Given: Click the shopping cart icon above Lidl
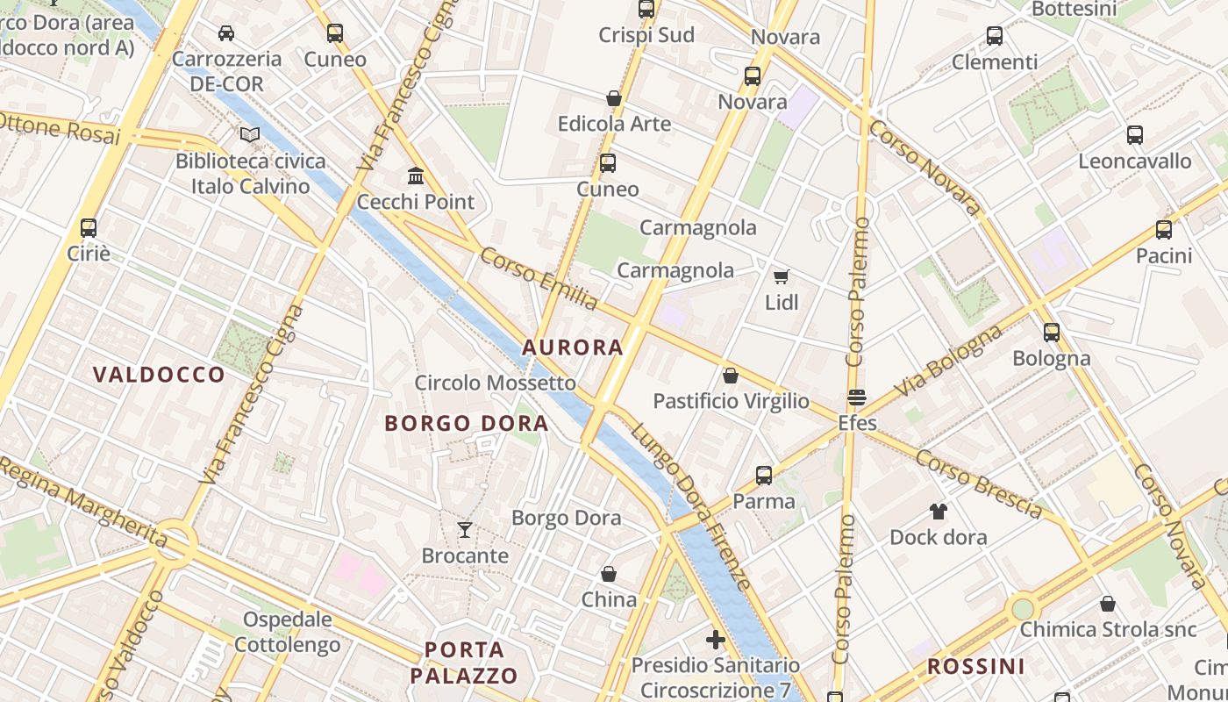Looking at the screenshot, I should click(x=781, y=277).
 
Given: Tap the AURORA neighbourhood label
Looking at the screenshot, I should click(x=573, y=347).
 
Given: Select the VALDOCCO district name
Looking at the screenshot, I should click(x=159, y=375).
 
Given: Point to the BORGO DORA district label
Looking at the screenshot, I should click(x=467, y=424).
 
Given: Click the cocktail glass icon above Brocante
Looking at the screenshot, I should click(x=465, y=530).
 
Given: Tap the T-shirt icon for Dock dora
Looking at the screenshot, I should click(x=939, y=512).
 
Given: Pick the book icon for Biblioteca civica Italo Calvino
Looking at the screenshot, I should click(x=250, y=135).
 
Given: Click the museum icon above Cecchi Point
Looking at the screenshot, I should click(x=416, y=176).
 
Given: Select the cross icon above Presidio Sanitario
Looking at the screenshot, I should click(x=716, y=640).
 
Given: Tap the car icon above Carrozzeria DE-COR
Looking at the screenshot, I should click(x=226, y=33).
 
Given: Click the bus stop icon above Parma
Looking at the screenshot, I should click(x=764, y=476).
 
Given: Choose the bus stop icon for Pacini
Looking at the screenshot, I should click(x=1164, y=230).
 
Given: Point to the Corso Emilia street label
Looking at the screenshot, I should click(x=539, y=279).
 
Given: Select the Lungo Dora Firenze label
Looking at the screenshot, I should click(x=691, y=506).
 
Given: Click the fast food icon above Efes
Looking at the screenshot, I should click(x=857, y=398).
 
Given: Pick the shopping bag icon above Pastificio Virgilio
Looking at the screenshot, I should click(x=731, y=376).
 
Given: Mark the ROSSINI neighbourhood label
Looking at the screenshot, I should click(x=975, y=666).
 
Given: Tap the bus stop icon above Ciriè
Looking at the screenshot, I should click(x=89, y=228).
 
